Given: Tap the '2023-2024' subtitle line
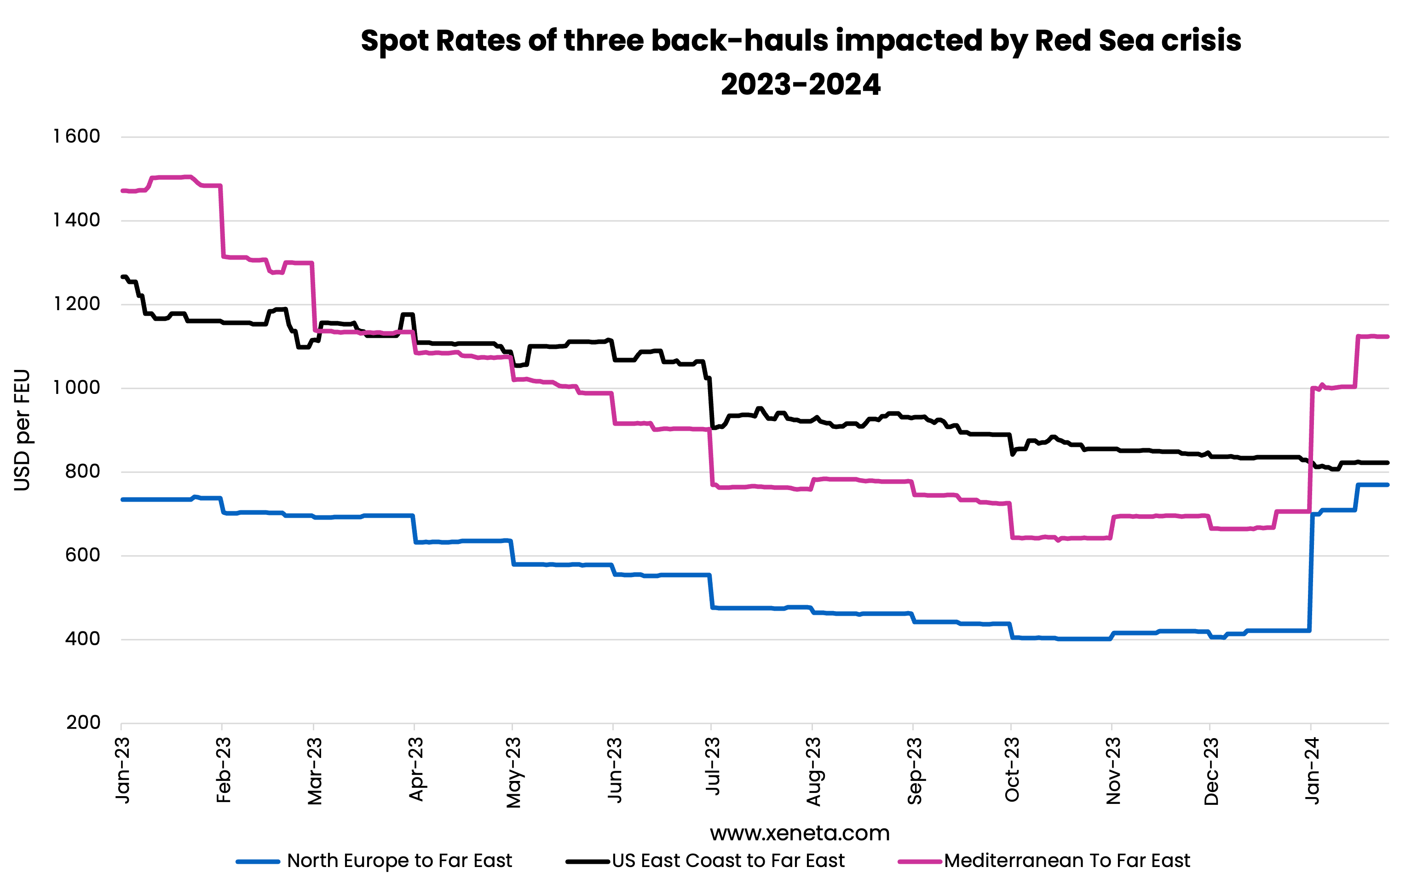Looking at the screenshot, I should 800,85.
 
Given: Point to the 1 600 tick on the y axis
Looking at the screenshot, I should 77,137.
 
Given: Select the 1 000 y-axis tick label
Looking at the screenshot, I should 77,388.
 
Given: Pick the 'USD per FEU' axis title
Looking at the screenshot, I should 22,430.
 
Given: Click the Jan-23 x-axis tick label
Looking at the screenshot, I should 122,771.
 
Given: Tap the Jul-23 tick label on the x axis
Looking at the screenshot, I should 713,767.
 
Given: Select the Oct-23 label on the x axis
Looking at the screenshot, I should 1012,769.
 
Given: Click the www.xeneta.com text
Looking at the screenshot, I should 800,833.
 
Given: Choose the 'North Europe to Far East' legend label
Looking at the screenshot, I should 399,861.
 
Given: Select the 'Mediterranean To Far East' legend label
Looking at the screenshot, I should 1066,861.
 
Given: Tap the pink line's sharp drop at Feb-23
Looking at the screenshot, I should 222,222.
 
